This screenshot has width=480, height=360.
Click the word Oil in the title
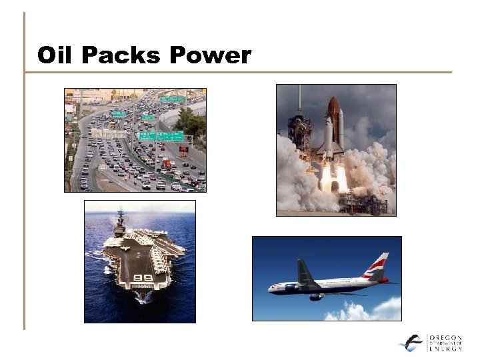55,55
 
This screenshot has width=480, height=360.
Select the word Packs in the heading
119,55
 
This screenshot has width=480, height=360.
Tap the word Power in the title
210,55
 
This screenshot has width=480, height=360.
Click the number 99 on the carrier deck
143,277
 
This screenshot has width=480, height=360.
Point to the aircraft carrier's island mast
121,220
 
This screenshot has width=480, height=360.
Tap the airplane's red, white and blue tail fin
377,267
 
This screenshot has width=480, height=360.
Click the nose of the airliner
271,289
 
